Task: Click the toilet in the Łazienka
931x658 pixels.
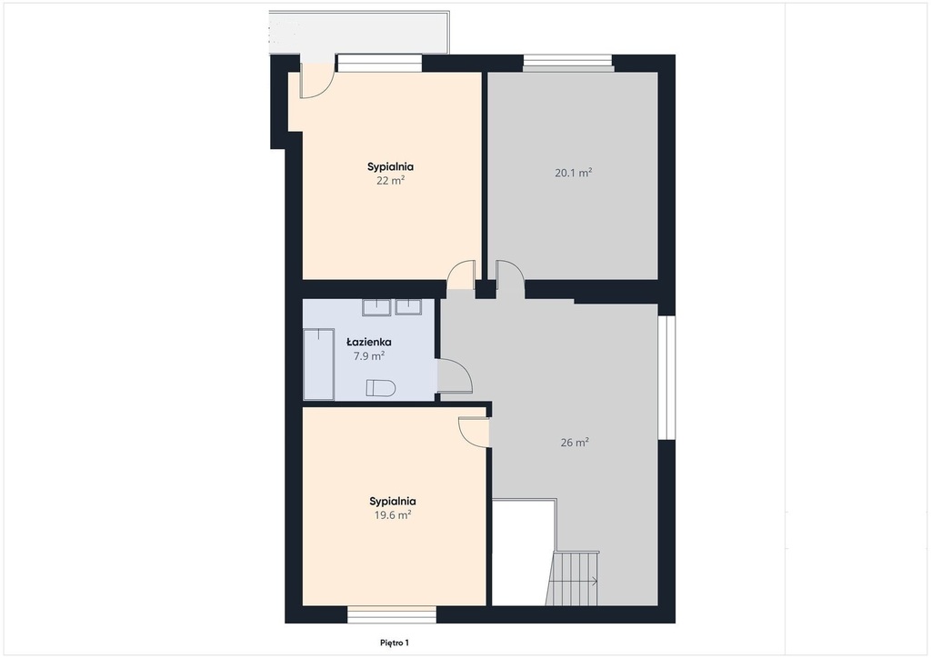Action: click(381, 388)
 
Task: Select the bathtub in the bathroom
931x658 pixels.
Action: click(319, 364)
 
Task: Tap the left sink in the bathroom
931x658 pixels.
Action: click(376, 307)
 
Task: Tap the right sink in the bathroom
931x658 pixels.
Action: click(408, 307)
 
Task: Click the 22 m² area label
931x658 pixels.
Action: click(391, 180)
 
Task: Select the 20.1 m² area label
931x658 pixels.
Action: click(574, 174)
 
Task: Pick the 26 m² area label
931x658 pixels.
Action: click(575, 442)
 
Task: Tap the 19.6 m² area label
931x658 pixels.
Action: click(393, 515)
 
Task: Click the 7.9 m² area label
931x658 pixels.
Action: click(369, 356)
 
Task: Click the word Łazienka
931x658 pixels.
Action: click(369, 342)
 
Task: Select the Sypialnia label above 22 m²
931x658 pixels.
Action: click(391, 166)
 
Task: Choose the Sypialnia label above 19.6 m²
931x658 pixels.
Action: click(393, 502)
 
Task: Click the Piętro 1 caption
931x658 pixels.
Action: click(395, 643)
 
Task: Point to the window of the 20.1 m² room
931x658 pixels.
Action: click(567, 63)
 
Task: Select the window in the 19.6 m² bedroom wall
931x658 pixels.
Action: click(392, 614)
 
